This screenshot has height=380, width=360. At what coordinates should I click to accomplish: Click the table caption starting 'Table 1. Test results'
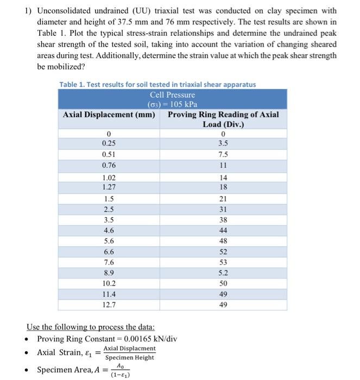[157, 84]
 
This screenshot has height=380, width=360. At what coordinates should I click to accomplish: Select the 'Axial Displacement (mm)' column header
[109, 115]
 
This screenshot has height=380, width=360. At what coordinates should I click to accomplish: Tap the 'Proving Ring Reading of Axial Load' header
[223, 119]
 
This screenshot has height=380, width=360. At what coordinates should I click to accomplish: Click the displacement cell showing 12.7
[109, 305]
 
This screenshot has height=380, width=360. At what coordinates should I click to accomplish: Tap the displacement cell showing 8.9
[109, 273]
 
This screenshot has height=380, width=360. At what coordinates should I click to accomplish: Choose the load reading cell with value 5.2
[223, 273]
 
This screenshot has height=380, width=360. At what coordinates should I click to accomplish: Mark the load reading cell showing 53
[223, 263]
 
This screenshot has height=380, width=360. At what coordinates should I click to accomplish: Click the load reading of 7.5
[223, 154]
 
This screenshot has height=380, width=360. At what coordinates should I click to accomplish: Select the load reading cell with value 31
[223, 210]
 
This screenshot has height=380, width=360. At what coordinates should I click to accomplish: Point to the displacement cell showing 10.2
[109, 283]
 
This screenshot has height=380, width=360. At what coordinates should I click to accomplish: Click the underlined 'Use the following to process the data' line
[91, 327]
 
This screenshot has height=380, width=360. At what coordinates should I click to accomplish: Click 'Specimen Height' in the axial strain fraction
[129, 358]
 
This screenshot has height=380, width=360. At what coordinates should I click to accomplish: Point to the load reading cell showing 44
[223, 231]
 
